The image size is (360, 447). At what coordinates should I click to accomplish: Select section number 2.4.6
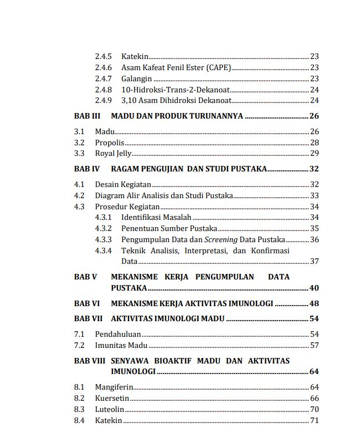pos(103,68)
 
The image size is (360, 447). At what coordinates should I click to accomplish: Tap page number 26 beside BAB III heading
pos(314,116)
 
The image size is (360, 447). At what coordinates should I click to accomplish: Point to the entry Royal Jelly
pos(113,154)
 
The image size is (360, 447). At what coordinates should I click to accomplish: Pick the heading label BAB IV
pos(87,169)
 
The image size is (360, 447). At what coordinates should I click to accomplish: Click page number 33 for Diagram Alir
pos(314,195)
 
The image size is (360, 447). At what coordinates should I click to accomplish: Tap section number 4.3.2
pos(103,228)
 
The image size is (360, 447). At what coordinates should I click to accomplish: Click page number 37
pos(314,261)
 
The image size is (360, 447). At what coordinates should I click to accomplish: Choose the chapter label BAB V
pos(86,277)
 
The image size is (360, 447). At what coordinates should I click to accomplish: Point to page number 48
pos(314,303)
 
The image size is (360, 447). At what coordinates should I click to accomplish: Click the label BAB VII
pos(88,318)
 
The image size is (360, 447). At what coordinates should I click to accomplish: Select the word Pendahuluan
pos(117,334)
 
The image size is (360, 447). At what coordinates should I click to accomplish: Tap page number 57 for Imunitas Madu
pos(314,345)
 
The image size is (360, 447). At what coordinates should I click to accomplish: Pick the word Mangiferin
pos(114,387)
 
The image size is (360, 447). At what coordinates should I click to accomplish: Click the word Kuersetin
pos(112,398)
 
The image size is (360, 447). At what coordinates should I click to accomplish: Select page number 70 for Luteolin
pos(314,409)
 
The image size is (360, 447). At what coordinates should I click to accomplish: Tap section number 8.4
pos(79,420)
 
